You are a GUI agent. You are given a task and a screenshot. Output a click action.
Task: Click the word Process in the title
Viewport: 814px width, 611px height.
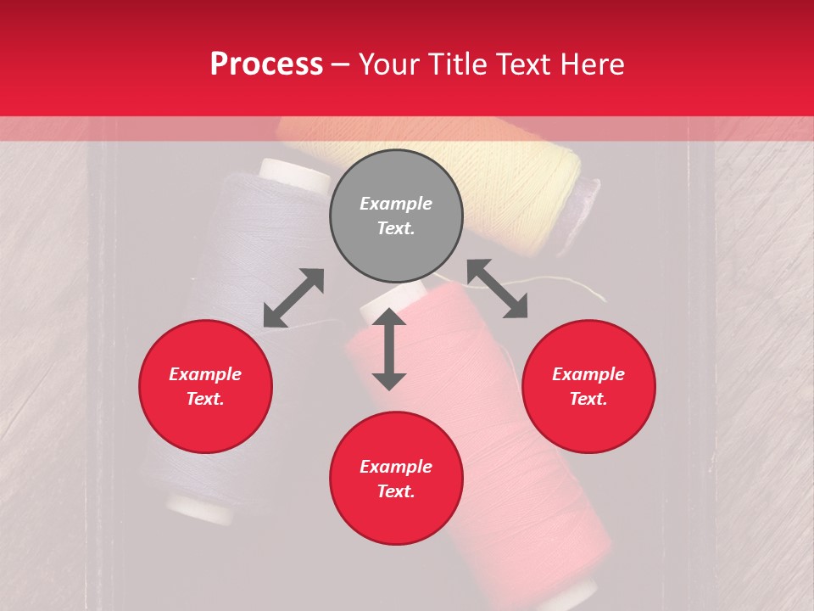(x=266, y=64)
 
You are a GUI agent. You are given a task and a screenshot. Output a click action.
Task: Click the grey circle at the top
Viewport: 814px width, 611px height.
(x=396, y=216)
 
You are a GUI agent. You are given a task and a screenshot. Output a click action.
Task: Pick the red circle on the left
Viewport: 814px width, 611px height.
(x=205, y=387)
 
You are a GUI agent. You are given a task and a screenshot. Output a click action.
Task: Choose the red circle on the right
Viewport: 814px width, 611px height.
(x=588, y=387)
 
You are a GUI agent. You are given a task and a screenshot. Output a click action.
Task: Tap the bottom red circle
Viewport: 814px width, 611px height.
(x=396, y=479)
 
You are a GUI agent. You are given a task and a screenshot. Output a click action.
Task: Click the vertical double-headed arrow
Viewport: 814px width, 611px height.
(x=389, y=349)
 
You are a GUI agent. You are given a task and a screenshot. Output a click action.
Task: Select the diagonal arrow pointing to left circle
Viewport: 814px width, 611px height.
(x=293, y=298)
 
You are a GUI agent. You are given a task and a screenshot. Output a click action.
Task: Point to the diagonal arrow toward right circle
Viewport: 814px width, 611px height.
(x=498, y=289)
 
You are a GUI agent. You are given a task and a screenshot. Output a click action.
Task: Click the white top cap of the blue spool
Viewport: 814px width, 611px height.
(x=295, y=174)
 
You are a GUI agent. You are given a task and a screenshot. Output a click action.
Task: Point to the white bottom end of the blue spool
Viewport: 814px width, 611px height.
(x=199, y=509)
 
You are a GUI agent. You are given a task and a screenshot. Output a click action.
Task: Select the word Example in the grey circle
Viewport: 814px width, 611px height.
(x=396, y=204)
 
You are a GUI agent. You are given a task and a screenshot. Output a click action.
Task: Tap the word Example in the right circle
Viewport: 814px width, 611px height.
(x=588, y=374)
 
